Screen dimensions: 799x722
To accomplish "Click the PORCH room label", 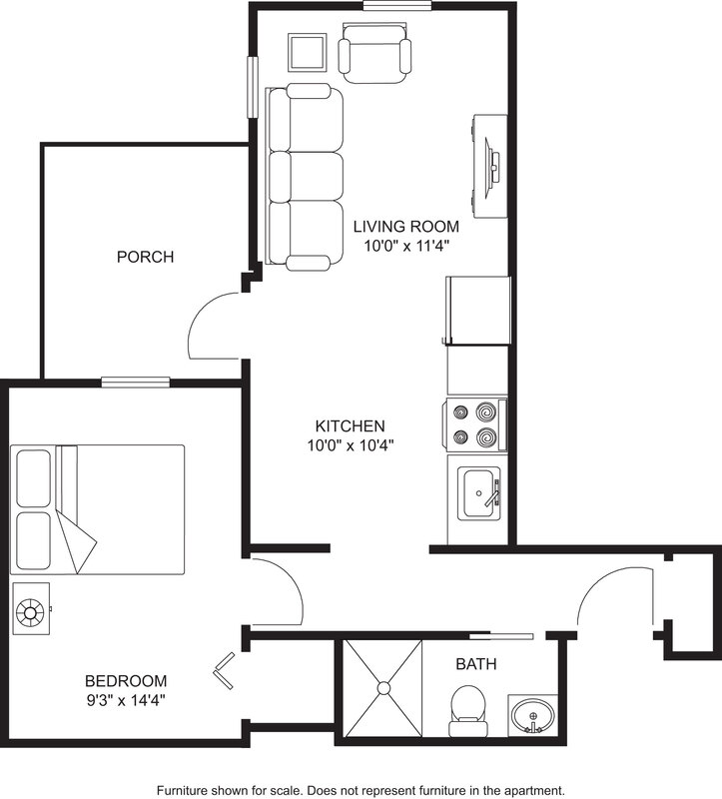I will [145, 257].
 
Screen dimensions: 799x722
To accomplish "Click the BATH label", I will [476, 664].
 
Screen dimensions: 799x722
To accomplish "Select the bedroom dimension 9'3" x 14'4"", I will [126, 701].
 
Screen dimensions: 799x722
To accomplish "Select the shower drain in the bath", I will [382, 687].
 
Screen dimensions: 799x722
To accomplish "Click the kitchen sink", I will [479, 493].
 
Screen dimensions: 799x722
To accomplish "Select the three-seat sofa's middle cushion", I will [308, 178].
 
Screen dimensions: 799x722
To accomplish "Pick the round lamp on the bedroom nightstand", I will [31, 611].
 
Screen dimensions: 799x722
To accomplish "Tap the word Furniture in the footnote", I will [187, 789].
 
